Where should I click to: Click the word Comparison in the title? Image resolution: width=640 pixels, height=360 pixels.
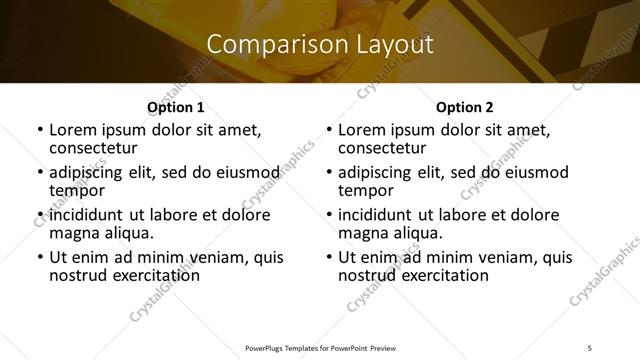tap(268, 45)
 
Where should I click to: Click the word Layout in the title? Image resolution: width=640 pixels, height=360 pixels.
tap(394, 45)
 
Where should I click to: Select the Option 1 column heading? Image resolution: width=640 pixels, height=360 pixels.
tap(175, 106)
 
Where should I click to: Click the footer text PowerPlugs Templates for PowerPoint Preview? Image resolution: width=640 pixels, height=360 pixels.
tap(320, 346)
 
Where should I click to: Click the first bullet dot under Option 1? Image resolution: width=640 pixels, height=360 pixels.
tap(39, 130)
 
